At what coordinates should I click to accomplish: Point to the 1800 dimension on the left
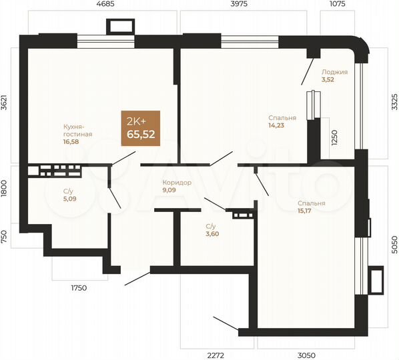[5, 189]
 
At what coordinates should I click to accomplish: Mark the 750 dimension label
[5, 236]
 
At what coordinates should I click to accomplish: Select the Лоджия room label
[334, 72]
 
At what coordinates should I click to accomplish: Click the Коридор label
[177, 182]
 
